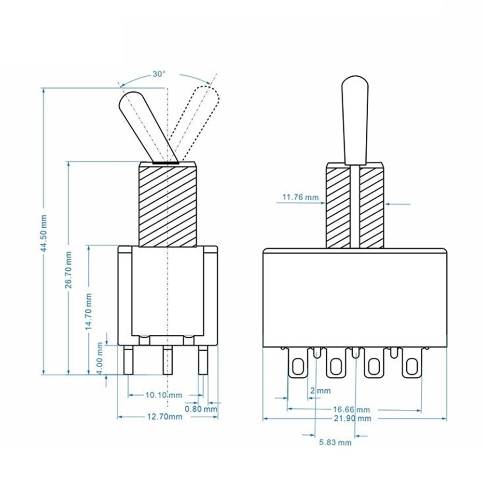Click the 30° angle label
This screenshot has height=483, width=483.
coord(159,74)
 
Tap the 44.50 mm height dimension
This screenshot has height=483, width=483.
coord(44,234)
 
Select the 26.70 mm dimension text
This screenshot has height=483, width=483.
coord(68,270)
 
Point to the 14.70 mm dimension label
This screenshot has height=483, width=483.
coord(88,311)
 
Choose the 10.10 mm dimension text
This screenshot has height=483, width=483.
coord(164,395)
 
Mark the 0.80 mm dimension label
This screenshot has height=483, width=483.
coord(201,409)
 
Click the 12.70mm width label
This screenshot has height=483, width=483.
coord(165,417)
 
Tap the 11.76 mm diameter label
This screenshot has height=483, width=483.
coord(301,197)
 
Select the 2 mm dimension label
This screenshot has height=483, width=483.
coord(320,390)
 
